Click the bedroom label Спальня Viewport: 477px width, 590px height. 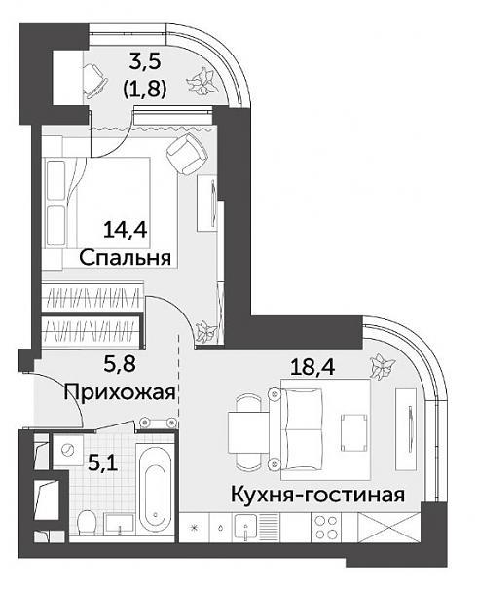125,258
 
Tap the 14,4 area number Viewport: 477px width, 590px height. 125,230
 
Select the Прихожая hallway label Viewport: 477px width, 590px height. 120,392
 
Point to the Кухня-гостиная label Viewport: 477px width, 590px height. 317,494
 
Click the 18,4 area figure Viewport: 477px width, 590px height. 312,366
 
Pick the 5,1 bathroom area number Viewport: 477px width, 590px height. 102,462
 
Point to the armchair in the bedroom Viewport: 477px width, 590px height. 187,154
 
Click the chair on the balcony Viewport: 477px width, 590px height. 94,81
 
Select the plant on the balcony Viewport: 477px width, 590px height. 203,80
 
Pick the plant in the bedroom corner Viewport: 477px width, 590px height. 205,331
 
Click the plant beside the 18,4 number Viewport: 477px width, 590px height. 383,366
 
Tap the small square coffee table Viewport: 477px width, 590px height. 353,432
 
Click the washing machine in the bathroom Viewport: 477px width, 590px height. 68,451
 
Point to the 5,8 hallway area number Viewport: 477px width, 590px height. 119,364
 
